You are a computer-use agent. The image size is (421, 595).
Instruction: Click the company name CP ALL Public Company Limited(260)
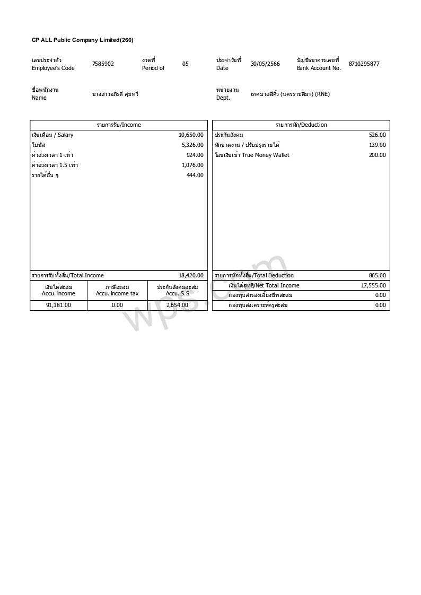pyautogui.click(x=82, y=40)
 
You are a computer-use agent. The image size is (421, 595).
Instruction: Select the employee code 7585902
pyautogui.click(x=103, y=64)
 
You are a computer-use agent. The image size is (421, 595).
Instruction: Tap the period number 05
pyautogui.click(x=186, y=64)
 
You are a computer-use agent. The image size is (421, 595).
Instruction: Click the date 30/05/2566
pyautogui.click(x=265, y=64)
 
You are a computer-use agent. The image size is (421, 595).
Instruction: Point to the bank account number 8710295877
pyautogui.click(x=364, y=64)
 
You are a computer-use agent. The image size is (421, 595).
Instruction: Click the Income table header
pyautogui.click(x=119, y=125)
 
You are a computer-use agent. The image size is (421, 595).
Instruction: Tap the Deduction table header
pyautogui.click(x=301, y=125)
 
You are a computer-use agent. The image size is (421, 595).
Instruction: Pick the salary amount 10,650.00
pyautogui.click(x=191, y=135)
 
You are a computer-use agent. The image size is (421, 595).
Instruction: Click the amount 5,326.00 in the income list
pyautogui.click(x=192, y=145)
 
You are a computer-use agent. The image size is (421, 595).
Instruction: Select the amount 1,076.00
pyautogui.click(x=192, y=165)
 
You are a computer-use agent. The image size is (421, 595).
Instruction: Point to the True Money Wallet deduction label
pyautogui.click(x=252, y=155)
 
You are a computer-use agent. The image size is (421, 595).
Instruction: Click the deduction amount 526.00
pyautogui.click(x=378, y=135)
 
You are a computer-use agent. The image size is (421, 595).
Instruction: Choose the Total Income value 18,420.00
pyautogui.click(x=191, y=276)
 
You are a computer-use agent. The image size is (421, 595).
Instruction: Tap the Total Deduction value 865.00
pyautogui.click(x=378, y=276)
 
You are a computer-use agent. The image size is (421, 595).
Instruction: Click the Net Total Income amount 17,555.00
pyautogui.click(x=373, y=286)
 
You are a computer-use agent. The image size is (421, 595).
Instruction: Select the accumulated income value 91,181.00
pyautogui.click(x=58, y=305)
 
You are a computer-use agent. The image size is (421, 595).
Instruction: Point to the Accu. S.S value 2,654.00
pyautogui.click(x=177, y=305)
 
